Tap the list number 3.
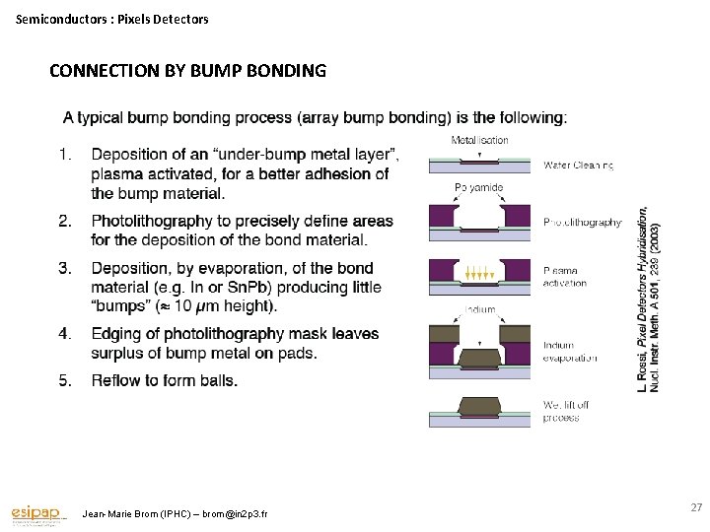(x=65, y=268)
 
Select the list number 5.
(x=65, y=380)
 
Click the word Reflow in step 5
(x=113, y=380)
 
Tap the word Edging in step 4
(x=115, y=334)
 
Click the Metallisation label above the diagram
(x=480, y=141)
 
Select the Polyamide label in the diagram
(x=479, y=187)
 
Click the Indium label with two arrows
(x=479, y=309)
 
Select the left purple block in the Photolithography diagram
(x=441, y=215)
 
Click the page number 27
(x=695, y=507)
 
